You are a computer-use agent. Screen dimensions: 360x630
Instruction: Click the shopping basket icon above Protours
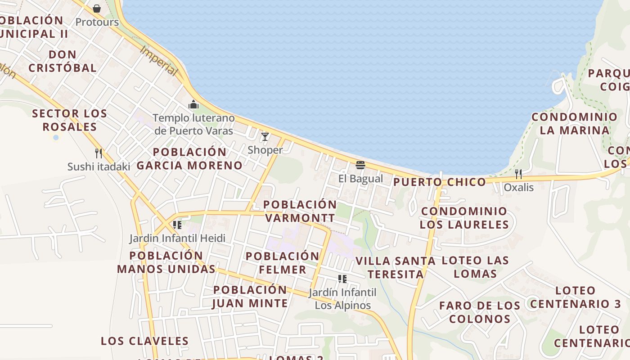[x=97, y=9]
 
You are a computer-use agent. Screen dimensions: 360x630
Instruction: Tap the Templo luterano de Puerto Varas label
[x=193, y=124]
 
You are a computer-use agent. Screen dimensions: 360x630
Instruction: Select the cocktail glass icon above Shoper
[x=265, y=137]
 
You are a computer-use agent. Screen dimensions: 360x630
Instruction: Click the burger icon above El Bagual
[x=360, y=165]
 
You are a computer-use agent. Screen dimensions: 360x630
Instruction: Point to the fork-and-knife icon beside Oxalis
[x=518, y=174]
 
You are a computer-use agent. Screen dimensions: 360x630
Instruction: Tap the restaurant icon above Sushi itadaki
[x=99, y=153]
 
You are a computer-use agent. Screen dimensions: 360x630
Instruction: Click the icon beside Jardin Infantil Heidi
[x=177, y=225]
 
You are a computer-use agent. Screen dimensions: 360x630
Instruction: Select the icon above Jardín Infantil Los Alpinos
[x=342, y=279]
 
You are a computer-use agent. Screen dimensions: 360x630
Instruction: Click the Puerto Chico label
[x=440, y=182]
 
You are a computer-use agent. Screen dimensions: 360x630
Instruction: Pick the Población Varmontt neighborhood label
[x=300, y=211]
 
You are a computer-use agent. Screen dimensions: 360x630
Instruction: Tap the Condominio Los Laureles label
[x=464, y=218]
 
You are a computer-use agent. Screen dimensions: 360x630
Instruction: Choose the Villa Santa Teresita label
[x=396, y=267]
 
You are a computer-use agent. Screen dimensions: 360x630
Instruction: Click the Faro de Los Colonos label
[x=480, y=312]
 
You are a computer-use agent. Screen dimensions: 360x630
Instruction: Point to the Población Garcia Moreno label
[x=189, y=158]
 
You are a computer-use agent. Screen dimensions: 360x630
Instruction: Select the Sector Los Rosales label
[x=70, y=120]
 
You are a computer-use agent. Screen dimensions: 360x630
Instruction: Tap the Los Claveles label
[x=144, y=341]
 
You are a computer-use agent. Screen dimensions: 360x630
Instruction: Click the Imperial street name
[x=159, y=61]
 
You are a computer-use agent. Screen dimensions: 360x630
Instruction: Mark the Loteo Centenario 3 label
[x=576, y=297]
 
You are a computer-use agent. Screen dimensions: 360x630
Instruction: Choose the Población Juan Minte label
[x=250, y=297]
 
